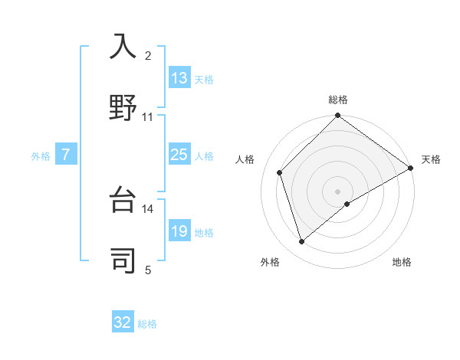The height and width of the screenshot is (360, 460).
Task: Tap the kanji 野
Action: pos(123,106)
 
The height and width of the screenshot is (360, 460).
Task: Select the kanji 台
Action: pos(123,200)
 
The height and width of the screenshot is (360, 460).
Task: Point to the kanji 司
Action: pos(123,260)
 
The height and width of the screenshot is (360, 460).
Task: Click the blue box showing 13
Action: pos(179,78)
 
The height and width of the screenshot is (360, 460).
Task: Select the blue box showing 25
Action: pos(179,155)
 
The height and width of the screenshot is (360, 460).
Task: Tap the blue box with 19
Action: pos(179,231)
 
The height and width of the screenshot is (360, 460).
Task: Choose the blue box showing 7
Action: pos(66,155)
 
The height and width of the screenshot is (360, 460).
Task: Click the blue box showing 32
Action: pos(123,322)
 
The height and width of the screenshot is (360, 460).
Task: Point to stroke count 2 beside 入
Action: pos(148,55)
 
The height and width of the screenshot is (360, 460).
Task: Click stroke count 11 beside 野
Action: pos(148,116)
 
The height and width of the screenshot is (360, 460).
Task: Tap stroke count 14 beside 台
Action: pos(148,208)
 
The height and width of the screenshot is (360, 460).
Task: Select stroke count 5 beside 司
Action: pos(148,270)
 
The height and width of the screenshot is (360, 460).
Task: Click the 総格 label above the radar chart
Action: pos(338,100)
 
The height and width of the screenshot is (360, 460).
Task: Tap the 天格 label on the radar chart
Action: pos(431,159)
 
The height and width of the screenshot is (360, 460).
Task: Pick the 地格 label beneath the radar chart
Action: pos(402,262)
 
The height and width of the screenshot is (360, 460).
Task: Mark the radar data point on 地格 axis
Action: pos(347,204)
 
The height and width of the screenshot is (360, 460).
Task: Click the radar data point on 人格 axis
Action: pos(280,172)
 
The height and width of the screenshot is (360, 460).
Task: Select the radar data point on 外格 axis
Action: pos(301,242)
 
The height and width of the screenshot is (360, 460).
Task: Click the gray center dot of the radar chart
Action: pos(338,191)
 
